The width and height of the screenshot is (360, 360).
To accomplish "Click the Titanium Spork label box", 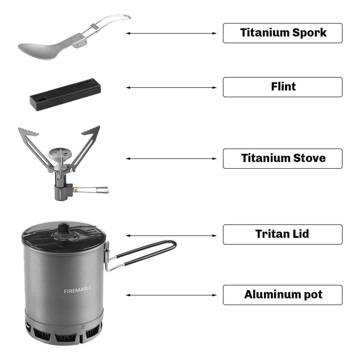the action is [x=282, y=33].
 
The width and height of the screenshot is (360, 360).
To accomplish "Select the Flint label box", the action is [x=282, y=87].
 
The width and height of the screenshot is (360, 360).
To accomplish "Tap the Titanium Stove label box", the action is [x=282, y=159].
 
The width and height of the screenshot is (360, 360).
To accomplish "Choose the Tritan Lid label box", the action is [x=282, y=234].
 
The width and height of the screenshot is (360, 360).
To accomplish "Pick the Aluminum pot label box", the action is [x=282, y=295].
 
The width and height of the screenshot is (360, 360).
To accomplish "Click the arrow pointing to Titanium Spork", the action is [x=171, y=33].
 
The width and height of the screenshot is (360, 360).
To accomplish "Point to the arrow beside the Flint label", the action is [x=171, y=87].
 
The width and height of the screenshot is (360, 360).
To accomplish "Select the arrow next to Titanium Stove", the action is [x=171, y=158].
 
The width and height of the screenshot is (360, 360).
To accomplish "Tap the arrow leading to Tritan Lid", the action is [x=171, y=235].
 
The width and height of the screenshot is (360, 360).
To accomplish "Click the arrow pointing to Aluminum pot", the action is [x=171, y=295].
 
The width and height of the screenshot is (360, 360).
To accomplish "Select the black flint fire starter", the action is [x=66, y=95].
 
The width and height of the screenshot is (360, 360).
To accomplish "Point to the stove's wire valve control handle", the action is [x=92, y=190].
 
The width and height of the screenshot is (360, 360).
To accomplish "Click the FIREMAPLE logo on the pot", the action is [x=78, y=289].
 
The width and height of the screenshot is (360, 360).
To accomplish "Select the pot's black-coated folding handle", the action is [x=141, y=255].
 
